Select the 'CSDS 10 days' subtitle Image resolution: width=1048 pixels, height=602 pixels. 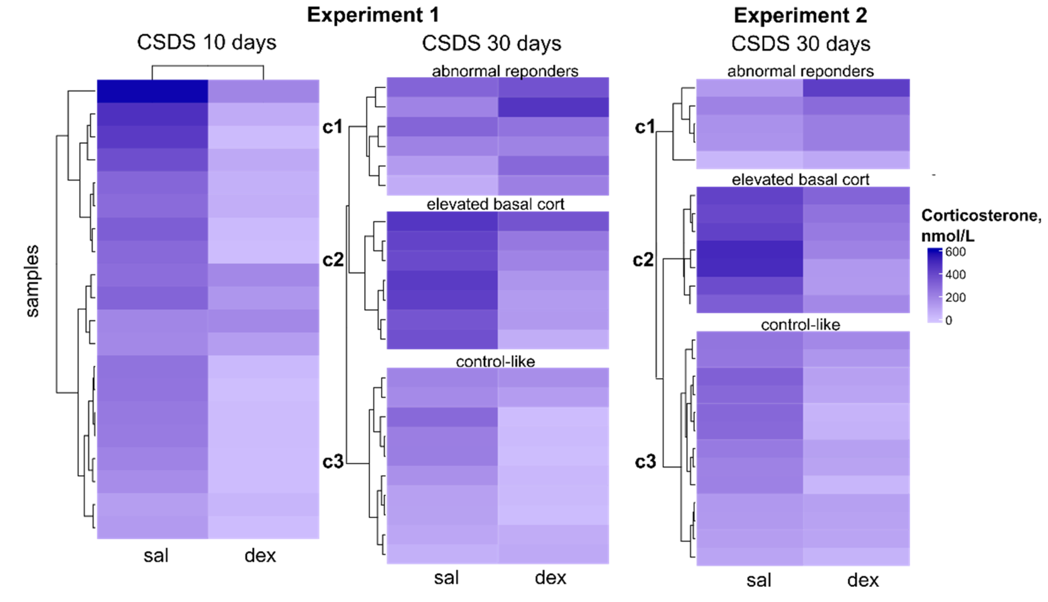pos(206,43)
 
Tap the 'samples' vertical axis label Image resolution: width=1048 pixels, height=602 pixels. pos(32,281)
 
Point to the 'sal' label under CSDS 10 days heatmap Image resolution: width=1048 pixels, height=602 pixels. pos(156,555)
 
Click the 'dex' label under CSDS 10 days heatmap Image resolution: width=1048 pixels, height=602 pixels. pos(260,555)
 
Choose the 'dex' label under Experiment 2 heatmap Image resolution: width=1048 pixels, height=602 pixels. pos(863,580)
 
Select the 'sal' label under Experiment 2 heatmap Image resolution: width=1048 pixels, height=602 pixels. pos(759,580)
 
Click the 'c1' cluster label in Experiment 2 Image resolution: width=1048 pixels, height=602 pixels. pos(645,127)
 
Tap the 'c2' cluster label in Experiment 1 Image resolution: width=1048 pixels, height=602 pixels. pos(333,260)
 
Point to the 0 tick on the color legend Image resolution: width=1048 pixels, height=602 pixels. pos(949,320)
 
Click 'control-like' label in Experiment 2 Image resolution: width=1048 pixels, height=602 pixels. pos(800,325)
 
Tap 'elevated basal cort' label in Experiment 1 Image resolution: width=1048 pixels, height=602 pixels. pos(495,204)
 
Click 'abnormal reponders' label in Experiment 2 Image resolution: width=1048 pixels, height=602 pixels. pos(800,71)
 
